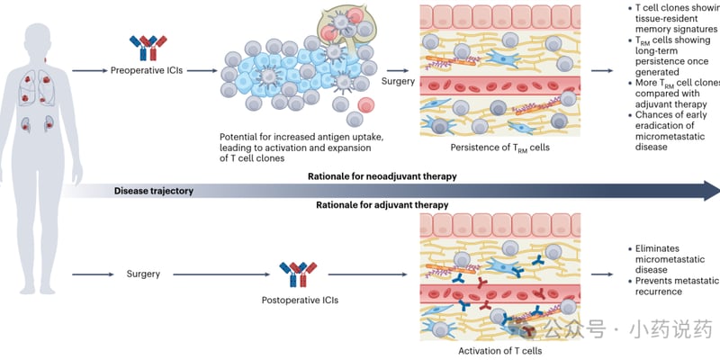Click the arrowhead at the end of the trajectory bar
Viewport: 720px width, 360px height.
[711, 190]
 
